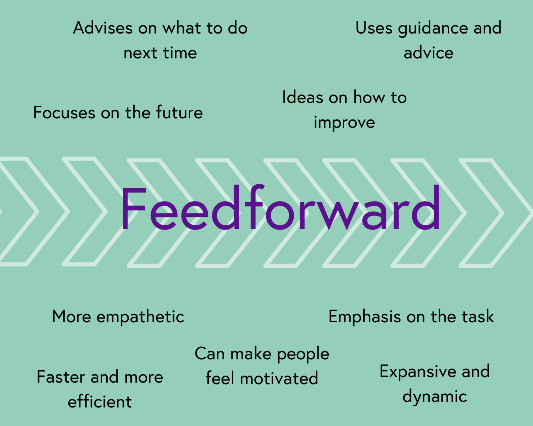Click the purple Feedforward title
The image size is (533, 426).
(281, 208)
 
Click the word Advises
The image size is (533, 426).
(103, 28)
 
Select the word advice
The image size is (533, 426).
(428, 52)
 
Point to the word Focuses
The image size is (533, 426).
(64, 112)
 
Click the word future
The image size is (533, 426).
(179, 112)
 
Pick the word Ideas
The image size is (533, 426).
(302, 97)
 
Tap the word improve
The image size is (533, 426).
(344, 123)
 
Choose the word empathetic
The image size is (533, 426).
(140, 317)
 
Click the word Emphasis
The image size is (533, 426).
(364, 317)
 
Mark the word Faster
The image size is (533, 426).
(61, 377)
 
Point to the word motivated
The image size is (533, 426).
(279, 378)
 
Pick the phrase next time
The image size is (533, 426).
(160, 52)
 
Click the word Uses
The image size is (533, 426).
(374, 28)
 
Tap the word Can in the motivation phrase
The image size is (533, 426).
(210, 353)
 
